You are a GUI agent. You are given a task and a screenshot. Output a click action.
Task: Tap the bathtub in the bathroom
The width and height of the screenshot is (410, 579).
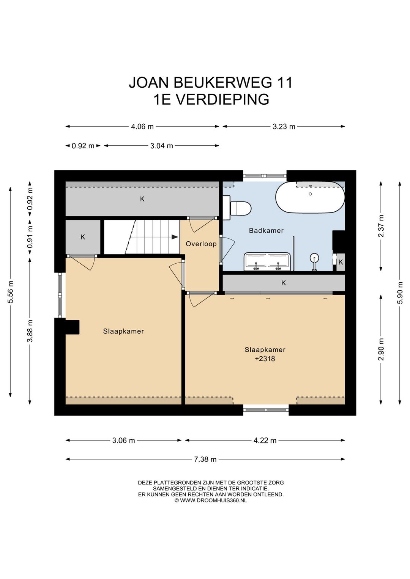(310, 197)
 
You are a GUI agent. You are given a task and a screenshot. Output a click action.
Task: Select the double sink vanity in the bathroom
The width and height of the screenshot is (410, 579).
(267, 261)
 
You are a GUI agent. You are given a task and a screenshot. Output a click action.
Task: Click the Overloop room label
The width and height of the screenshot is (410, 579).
(201, 244)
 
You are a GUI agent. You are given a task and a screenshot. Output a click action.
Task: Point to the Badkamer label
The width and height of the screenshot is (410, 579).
(266, 230)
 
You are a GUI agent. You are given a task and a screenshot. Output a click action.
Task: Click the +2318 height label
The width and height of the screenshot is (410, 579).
(265, 359)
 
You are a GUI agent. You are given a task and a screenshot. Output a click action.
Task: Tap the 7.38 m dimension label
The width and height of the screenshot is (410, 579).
(205, 459)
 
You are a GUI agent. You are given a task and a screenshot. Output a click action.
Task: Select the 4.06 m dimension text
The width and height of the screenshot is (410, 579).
(142, 126)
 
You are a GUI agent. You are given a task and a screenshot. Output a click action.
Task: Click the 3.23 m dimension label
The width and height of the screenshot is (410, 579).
(284, 126)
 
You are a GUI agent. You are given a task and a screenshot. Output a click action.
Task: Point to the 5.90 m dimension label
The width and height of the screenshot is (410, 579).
(400, 293)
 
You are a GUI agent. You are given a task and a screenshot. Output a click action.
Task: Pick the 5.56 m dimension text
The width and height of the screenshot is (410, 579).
(10, 291)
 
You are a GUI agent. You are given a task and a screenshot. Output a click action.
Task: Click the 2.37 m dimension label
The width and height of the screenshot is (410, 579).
(381, 226)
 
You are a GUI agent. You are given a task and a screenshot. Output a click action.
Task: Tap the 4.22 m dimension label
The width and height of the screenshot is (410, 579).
(265, 440)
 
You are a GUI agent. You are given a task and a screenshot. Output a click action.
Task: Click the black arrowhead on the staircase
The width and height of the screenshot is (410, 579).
(175, 237)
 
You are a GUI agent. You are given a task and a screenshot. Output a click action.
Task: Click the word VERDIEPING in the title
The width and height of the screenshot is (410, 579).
(223, 99)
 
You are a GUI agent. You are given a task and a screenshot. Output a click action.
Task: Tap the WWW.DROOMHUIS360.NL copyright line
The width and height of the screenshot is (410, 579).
(211, 500)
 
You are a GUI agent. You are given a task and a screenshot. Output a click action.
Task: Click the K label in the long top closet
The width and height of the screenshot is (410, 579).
(142, 199)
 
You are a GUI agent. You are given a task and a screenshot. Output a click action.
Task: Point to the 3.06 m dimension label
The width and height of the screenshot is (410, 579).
(123, 440)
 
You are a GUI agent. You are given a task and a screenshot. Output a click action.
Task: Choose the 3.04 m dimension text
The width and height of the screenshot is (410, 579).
(162, 146)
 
